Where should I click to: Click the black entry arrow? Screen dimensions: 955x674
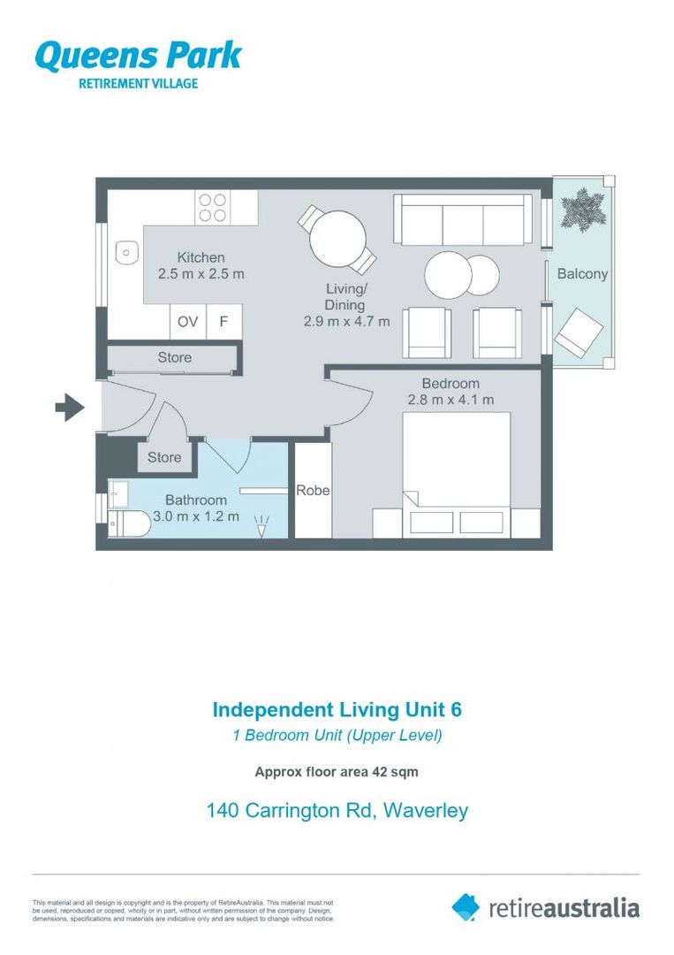point(69,408)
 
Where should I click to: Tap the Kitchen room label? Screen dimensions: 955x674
point(201,257)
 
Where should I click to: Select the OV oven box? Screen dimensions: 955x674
point(187,322)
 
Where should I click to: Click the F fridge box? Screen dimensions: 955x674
point(224,322)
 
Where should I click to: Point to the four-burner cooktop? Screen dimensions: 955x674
point(212,207)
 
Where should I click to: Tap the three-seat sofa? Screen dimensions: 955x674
point(463,219)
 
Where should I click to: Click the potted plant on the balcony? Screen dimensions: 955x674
point(583,210)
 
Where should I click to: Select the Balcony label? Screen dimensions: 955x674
point(582,273)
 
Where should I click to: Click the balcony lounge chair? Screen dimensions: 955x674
point(579,332)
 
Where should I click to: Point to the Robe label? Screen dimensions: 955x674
point(313,490)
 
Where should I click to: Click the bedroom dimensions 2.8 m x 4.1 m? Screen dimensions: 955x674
point(451,400)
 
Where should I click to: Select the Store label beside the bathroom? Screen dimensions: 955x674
point(164,457)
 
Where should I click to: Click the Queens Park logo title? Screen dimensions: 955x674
point(138,56)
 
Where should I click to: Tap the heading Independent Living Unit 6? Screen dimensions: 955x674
point(337,709)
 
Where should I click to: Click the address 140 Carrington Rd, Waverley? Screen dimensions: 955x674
point(337,810)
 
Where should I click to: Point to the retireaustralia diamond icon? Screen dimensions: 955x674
point(466,906)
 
